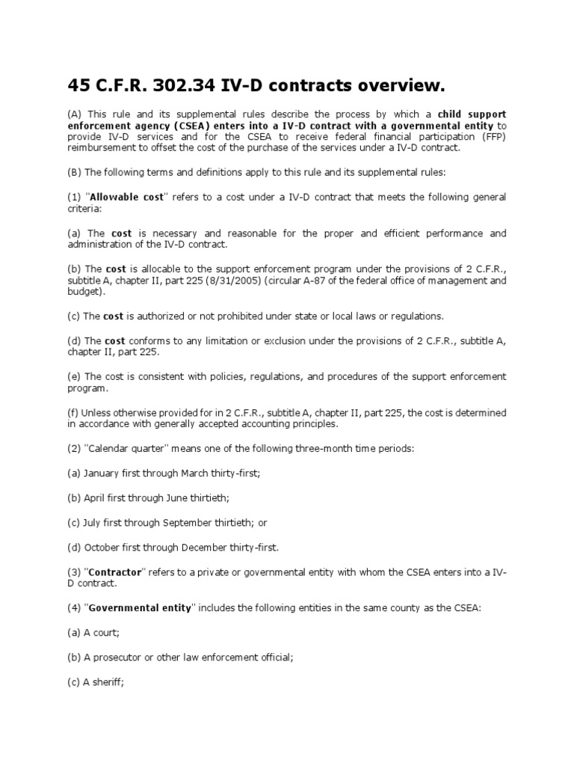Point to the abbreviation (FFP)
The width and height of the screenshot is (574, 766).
coord(493,137)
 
